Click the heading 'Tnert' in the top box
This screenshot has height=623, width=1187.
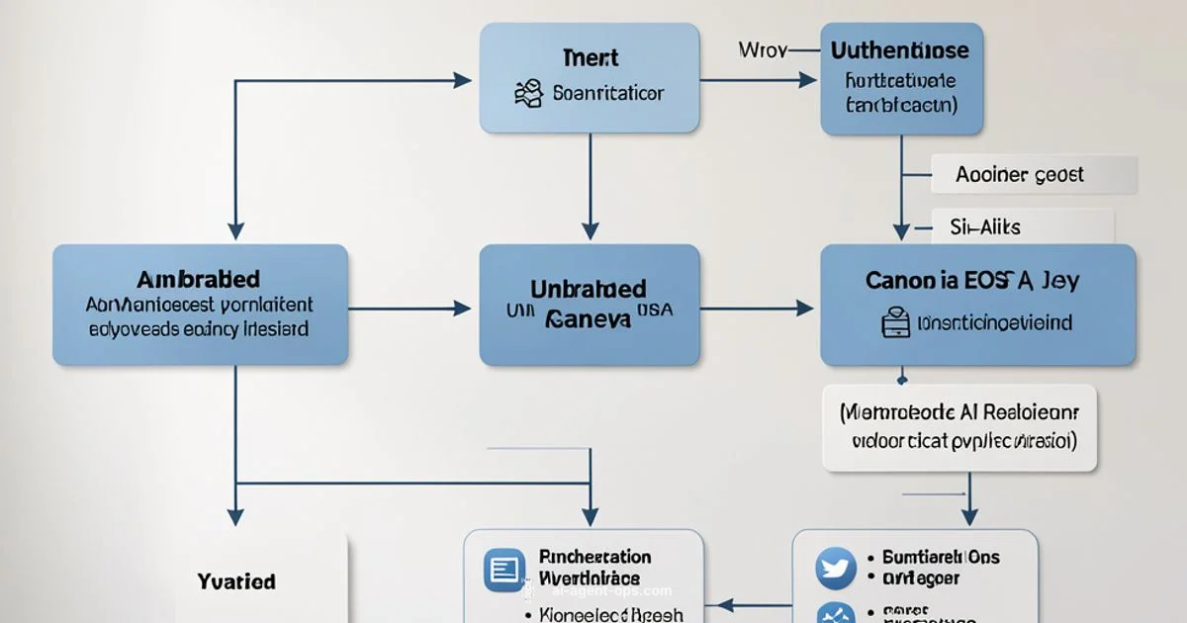click(x=590, y=57)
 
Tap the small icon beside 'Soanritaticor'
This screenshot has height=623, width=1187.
click(x=529, y=94)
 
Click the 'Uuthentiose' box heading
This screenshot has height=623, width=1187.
click(x=900, y=49)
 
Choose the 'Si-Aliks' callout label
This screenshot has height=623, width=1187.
click(x=985, y=226)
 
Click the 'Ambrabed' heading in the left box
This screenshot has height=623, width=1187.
click(x=200, y=279)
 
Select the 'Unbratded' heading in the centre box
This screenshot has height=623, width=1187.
click(x=589, y=289)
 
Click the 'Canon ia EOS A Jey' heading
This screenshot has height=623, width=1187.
click(x=972, y=280)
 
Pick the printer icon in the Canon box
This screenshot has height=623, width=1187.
click(x=895, y=322)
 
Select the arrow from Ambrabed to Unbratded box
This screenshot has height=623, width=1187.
click(x=410, y=309)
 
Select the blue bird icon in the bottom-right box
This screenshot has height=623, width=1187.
click(x=835, y=568)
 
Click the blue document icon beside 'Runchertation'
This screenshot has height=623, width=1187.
click(x=503, y=570)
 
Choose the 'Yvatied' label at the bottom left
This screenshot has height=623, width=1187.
click(x=236, y=581)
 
